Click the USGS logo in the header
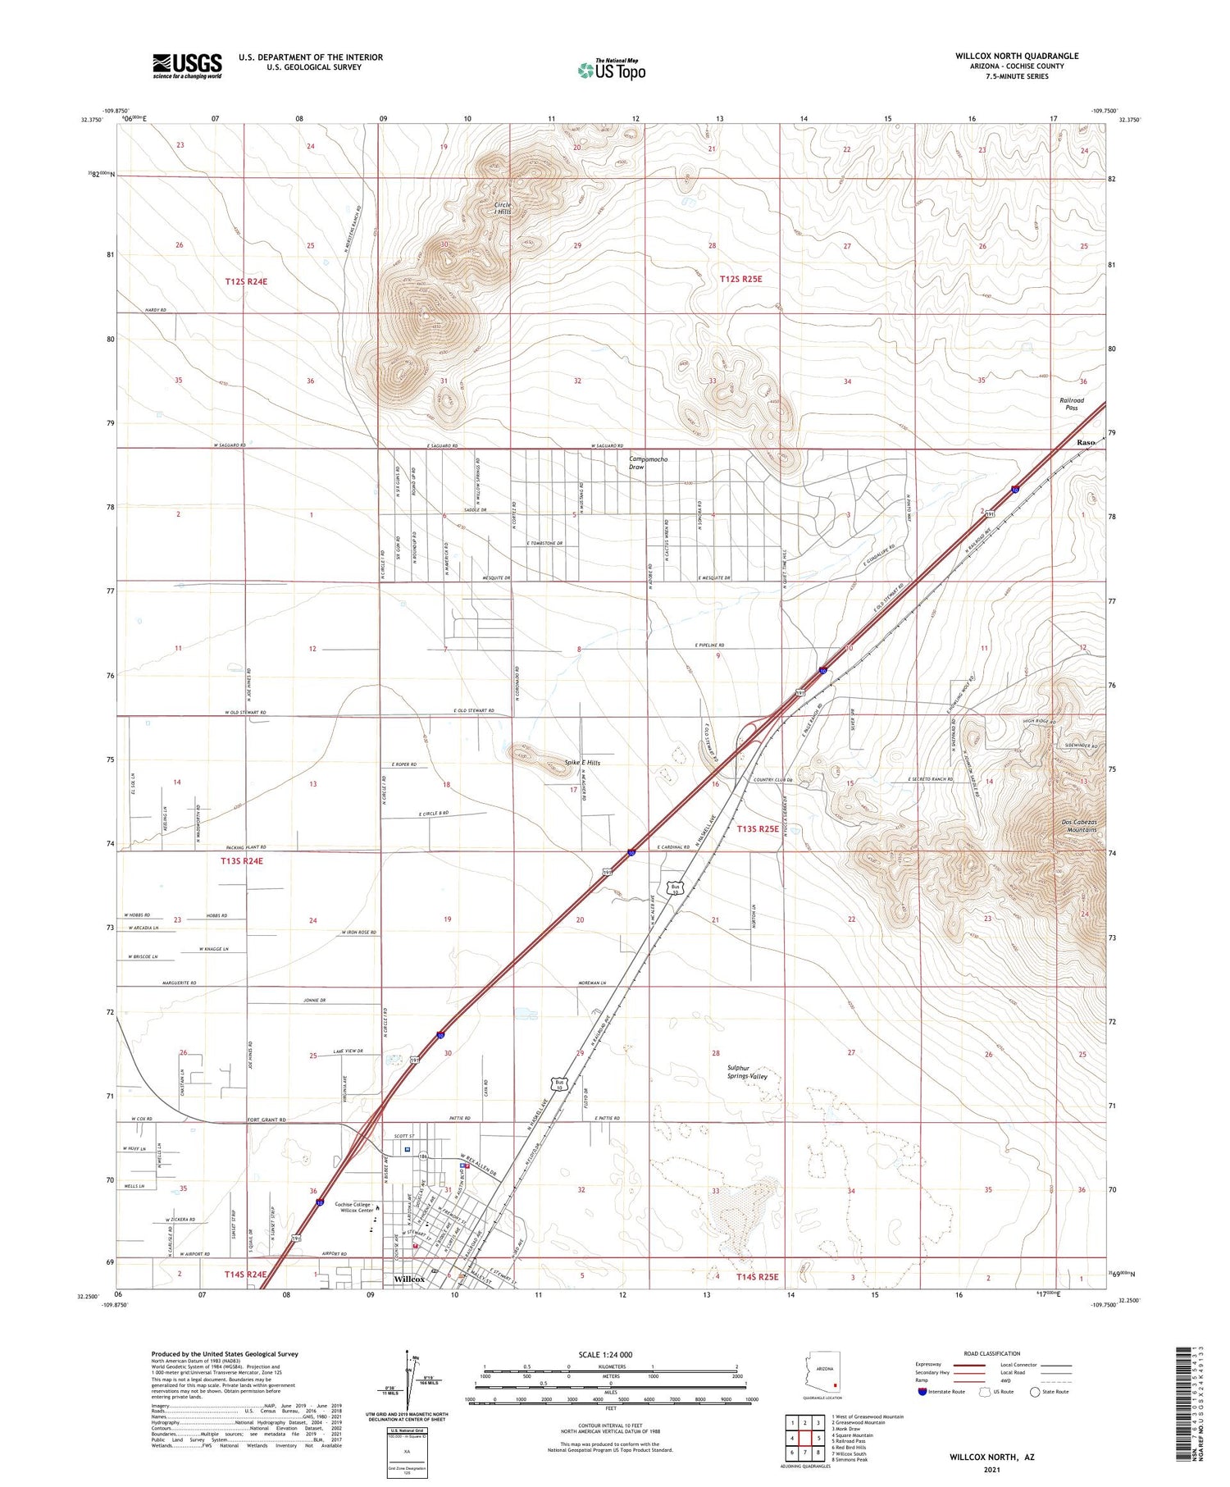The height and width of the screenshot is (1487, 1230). (x=187, y=66)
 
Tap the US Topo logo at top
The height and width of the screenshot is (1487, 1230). (x=612, y=70)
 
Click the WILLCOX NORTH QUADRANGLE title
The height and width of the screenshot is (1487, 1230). (x=1017, y=56)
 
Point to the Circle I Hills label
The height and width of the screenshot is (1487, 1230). (x=503, y=208)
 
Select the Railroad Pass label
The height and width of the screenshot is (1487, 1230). (x=1071, y=404)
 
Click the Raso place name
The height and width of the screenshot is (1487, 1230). (x=1086, y=442)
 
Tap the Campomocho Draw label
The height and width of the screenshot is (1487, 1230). (x=649, y=463)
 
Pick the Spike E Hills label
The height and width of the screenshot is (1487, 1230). (x=582, y=763)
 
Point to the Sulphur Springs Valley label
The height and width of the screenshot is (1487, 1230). (x=746, y=1072)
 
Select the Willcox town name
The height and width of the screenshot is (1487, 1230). (x=409, y=1279)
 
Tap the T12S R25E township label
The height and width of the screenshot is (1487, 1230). (x=740, y=279)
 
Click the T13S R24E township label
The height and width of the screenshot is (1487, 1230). (x=242, y=861)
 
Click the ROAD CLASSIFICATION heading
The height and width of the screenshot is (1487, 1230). (x=992, y=1353)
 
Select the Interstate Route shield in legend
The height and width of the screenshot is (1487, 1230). (x=923, y=1392)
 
